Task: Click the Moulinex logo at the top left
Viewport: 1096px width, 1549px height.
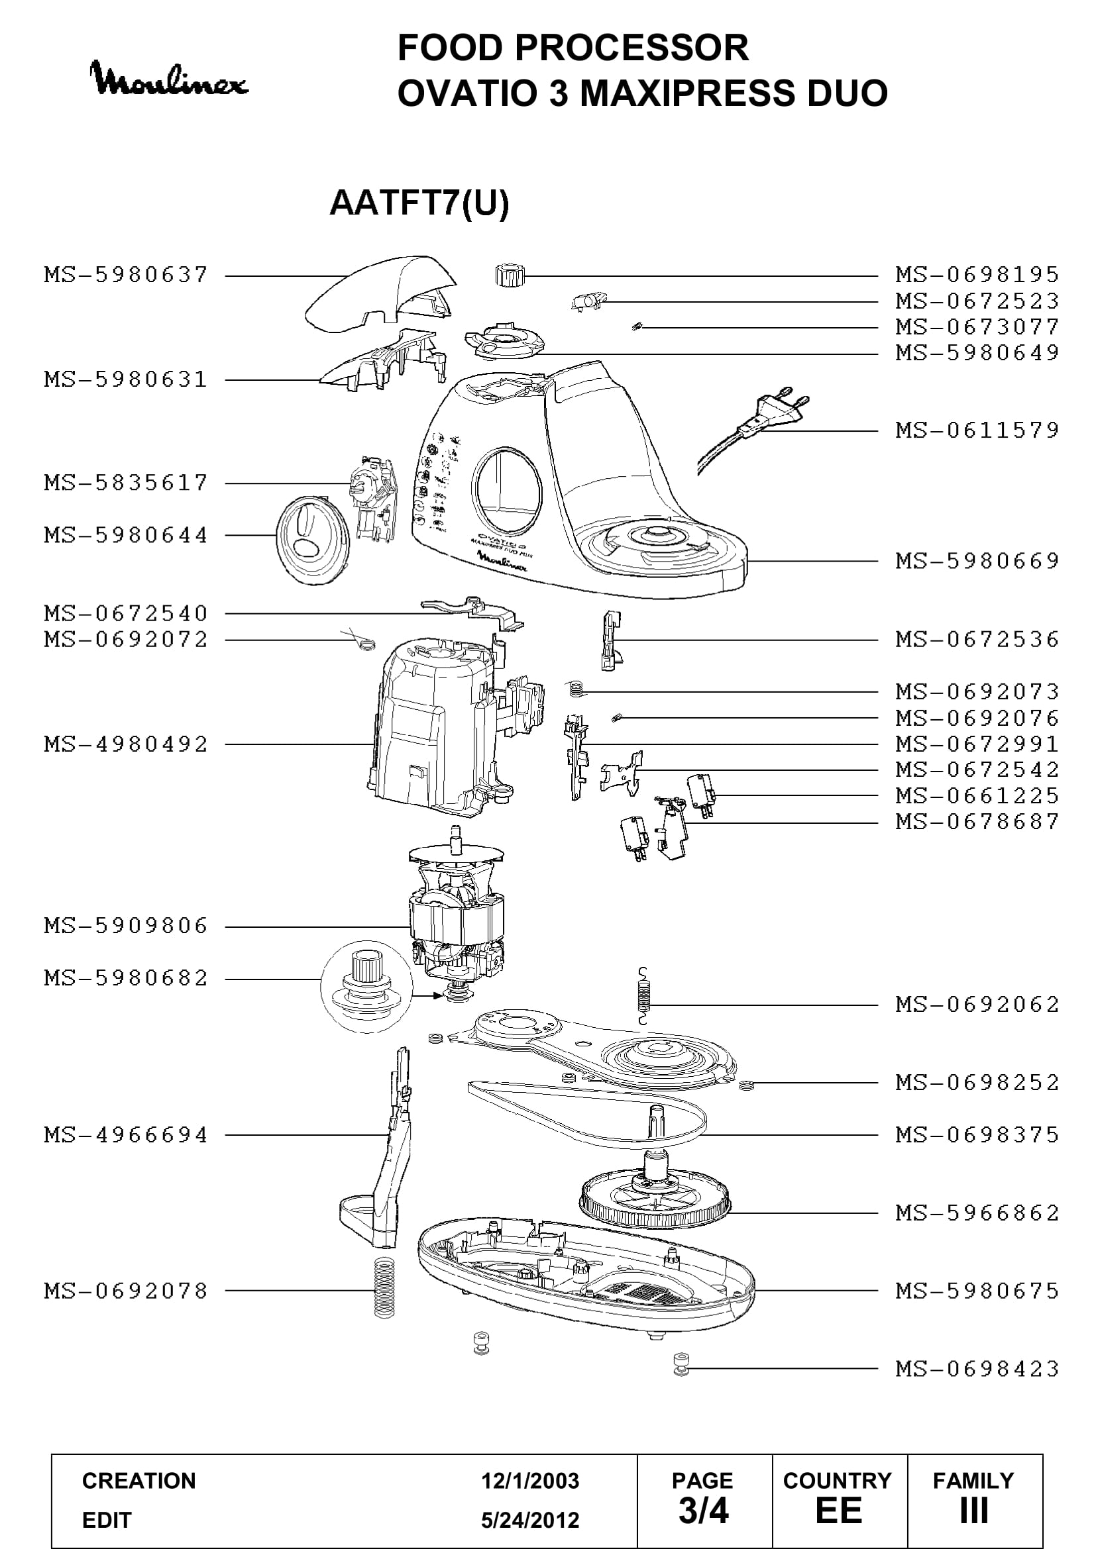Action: click(169, 79)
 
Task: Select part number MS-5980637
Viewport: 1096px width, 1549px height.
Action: click(126, 275)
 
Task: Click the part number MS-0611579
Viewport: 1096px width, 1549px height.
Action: click(977, 430)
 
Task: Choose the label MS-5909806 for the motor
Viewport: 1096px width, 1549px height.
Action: click(126, 926)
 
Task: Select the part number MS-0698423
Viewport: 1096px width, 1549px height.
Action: click(977, 1369)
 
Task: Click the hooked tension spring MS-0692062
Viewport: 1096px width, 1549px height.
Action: click(644, 996)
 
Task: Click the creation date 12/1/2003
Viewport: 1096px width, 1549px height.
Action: click(530, 1481)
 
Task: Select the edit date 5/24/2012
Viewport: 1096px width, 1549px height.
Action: click(530, 1520)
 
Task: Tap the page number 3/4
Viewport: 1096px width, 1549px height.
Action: click(703, 1511)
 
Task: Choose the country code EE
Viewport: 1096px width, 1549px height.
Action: click(838, 1511)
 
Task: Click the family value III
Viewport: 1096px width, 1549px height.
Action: click(974, 1511)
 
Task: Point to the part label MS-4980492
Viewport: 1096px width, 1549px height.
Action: click(126, 744)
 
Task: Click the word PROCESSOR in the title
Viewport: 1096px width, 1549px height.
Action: click(631, 48)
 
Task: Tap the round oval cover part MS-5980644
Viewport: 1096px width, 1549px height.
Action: click(313, 540)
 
